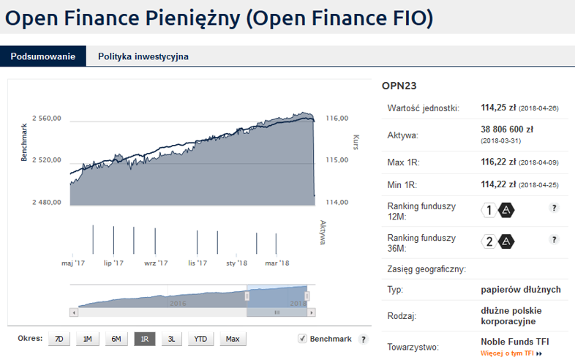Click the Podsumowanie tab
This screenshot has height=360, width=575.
(43, 56)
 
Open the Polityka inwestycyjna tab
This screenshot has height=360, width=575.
(143, 56)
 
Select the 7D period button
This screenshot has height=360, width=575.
(59, 339)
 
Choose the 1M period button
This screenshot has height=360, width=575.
(87, 339)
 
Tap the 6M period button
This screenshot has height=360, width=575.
(116, 339)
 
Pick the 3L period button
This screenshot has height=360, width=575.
(172, 339)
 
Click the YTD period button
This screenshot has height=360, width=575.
(200, 339)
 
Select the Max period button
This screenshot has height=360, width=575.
(233, 339)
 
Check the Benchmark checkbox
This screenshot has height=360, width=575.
(302, 338)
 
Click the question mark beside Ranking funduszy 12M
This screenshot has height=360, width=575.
(554, 208)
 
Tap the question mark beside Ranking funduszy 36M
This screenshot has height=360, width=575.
(554, 239)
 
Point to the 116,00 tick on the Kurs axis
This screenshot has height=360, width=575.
(337, 118)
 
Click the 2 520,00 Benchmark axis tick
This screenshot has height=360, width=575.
(47, 160)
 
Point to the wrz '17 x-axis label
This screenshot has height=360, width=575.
(156, 263)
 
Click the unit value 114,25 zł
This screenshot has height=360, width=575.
(498, 108)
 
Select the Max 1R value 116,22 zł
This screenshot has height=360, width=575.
(498, 162)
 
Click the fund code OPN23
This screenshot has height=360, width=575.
(399, 86)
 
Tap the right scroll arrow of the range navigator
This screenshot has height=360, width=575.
(312, 312)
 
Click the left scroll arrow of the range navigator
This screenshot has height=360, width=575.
(74, 312)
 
